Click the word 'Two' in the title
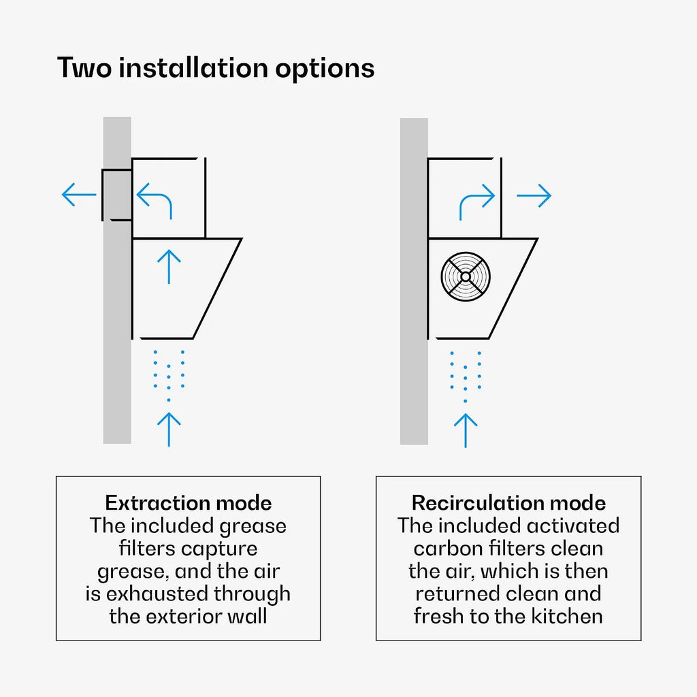point(84,69)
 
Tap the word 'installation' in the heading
point(193,68)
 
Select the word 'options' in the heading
point(325,70)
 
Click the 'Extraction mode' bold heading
point(189,503)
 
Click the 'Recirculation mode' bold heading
point(508,503)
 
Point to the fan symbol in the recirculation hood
point(466,276)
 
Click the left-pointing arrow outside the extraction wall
point(79,194)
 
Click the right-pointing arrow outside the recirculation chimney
point(534,195)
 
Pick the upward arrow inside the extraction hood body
point(169,267)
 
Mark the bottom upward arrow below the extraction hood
point(169,429)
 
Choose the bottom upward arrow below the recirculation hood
point(466,430)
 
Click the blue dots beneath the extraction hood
point(169,376)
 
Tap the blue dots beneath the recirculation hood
point(466,376)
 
